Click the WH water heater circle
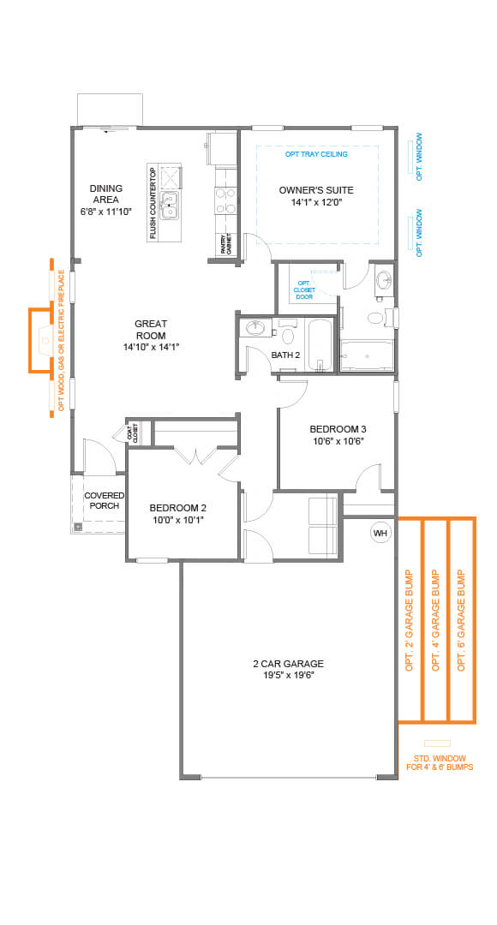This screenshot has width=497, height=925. click(380, 534)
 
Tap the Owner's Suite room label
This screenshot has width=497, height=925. click(316, 190)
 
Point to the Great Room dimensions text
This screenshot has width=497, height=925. click(150, 347)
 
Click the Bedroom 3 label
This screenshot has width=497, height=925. click(338, 429)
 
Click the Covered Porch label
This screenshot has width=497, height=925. click(104, 501)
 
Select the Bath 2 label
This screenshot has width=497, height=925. click(285, 355)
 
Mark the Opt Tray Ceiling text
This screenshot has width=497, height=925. click(316, 154)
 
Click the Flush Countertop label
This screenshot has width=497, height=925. click(153, 204)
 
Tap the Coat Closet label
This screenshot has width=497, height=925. click(134, 434)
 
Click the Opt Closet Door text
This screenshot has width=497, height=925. click(303, 289)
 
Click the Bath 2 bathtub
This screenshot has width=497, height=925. click(319, 344)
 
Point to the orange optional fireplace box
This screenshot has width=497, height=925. click(41, 340)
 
